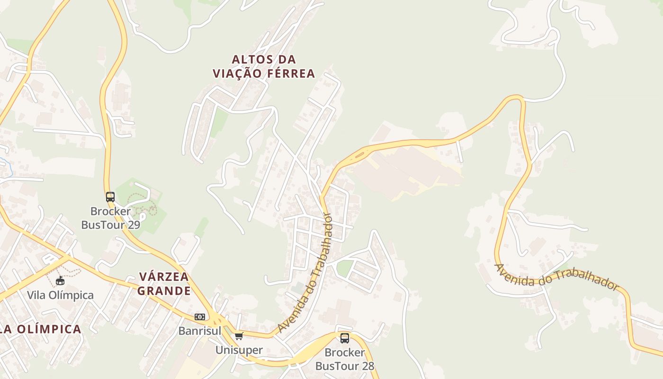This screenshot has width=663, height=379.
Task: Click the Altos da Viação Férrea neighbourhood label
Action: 264,66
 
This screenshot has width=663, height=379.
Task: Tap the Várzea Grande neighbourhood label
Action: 164,283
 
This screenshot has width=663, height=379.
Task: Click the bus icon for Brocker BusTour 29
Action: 110,197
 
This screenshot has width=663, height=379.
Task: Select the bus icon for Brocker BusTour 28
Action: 345,338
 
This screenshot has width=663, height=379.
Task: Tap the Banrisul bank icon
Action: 200,316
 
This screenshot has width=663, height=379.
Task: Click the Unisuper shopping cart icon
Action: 239,336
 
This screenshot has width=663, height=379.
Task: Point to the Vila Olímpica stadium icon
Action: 60,281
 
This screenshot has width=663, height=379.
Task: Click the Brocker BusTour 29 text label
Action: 111,218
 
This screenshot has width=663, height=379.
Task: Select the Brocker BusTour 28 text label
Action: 345,359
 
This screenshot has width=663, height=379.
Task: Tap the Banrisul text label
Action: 200,331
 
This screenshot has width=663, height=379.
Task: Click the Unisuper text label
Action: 239,350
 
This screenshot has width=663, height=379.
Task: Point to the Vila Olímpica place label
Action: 60,295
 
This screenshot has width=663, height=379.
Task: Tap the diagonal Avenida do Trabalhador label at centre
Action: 306,272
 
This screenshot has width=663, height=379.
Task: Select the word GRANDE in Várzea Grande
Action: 164,290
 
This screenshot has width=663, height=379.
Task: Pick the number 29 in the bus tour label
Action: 134,225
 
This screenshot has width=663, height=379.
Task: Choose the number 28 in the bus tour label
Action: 367,366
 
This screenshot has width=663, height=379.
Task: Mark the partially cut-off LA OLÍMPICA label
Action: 40,329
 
